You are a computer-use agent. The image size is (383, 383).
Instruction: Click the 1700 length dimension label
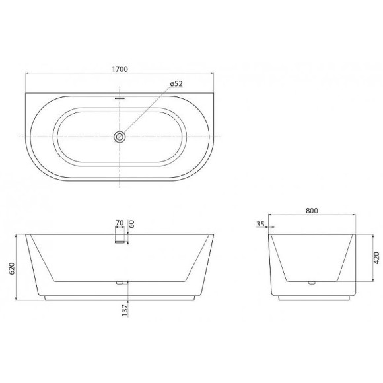tap(120, 69)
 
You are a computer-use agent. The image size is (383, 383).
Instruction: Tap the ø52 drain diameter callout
tap(176, 83)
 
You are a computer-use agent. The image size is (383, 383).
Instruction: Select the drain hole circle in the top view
tap(120, 137)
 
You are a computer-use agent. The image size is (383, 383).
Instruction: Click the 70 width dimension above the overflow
tap(120, 223)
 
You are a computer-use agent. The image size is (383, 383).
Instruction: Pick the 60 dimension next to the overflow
tap(132, 224)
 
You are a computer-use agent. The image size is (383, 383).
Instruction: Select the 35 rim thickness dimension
tap(260, 225)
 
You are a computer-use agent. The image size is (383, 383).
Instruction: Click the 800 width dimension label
tap(312, 211)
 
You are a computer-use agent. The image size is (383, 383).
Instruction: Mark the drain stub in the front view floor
tap(120, 283)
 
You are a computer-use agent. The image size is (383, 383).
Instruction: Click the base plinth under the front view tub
tap(120, 298)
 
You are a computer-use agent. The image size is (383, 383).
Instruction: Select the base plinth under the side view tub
tap(312, 298)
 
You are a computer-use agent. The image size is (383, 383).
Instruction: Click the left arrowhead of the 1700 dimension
tap(27, 74)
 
